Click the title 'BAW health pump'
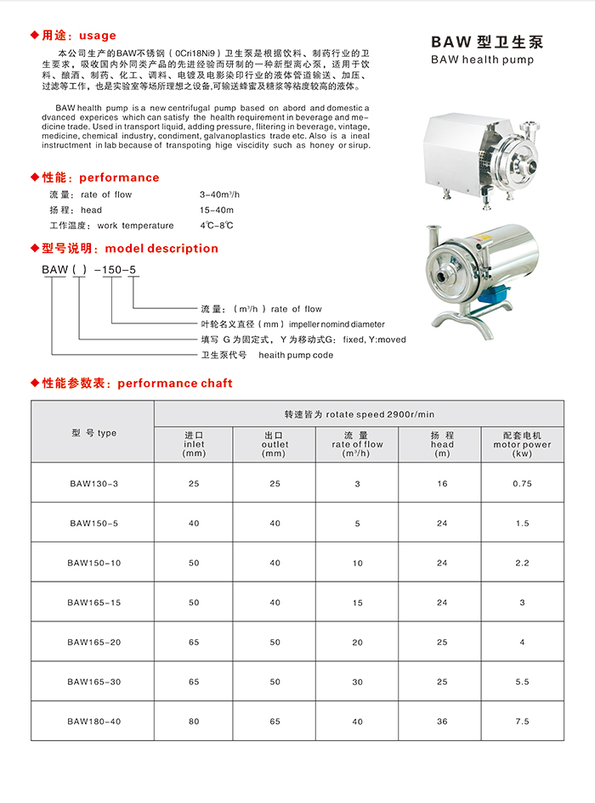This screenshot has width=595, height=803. (482, 60)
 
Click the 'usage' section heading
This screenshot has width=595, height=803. (97, 36)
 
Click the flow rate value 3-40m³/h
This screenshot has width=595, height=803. (220, 194)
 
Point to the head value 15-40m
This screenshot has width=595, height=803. (217, 210)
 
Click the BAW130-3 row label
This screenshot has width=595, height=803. (93, 483)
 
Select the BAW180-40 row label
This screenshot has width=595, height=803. (93, 722)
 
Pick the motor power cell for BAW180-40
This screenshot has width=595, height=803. (522, 722)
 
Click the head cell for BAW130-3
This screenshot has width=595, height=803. (442, 483)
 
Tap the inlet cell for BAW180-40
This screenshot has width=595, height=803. (194, 722)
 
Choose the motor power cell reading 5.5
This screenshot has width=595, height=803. (522, 682)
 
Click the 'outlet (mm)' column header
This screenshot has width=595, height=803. (275, 444)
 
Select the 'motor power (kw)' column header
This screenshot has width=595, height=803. (522, 444)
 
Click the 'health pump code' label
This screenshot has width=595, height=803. (296, 355)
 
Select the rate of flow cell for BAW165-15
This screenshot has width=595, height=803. (358, 603)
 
